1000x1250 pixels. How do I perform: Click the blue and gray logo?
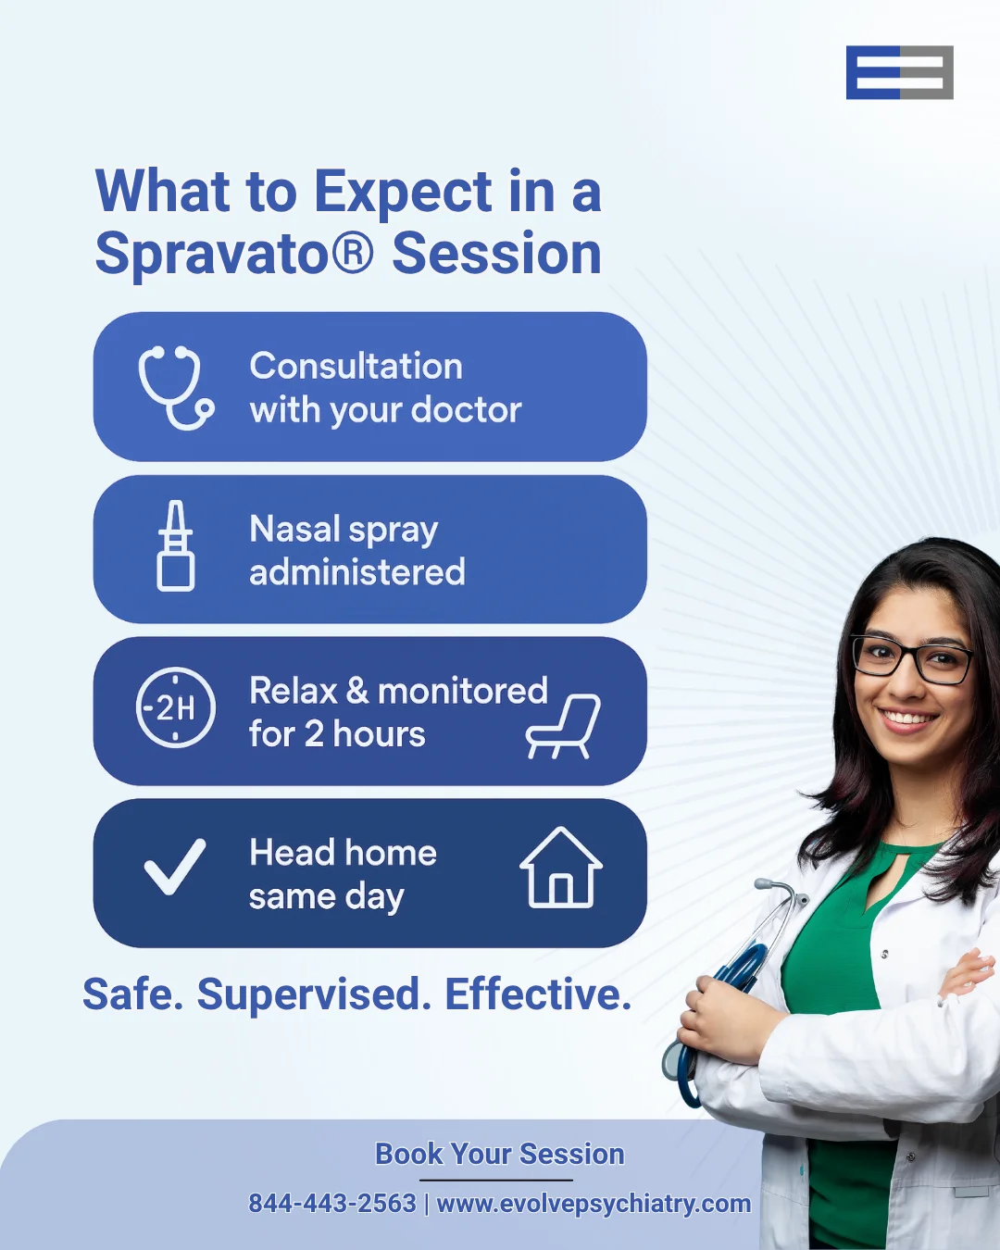coord(899,72)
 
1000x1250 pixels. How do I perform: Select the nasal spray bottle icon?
coord(176,545)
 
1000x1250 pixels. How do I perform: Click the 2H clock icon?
coord(176,706)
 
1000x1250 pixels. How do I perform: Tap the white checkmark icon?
coord(174,867)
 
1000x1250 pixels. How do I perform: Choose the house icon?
coord(561,868)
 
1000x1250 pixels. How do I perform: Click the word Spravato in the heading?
coord(234,254)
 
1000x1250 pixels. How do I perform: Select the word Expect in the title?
coord(404,194)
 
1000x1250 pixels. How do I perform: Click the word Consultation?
coord(356,367)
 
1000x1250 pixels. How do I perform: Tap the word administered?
coord(357,572)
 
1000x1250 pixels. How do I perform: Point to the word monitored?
coord(463,691)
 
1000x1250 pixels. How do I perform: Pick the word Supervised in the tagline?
coord(314,995)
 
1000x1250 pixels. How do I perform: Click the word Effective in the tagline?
coord(538,994)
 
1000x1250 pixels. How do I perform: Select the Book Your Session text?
coord(500,1154)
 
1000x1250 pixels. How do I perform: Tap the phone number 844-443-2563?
coord(332,1203)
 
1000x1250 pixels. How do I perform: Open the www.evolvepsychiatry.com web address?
coord(594,1204)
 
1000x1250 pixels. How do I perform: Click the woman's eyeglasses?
coord(911,659)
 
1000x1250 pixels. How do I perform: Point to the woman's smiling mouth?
coord(907,719)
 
